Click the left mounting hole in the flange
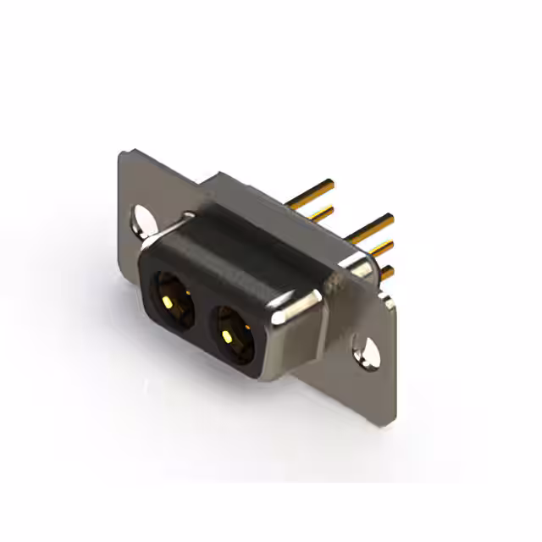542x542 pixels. click(x=141, y=222)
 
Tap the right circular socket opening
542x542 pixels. click(x=231, y=331)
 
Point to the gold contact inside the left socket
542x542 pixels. click(x=169, y=301)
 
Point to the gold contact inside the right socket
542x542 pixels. click(x=227, y=336)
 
